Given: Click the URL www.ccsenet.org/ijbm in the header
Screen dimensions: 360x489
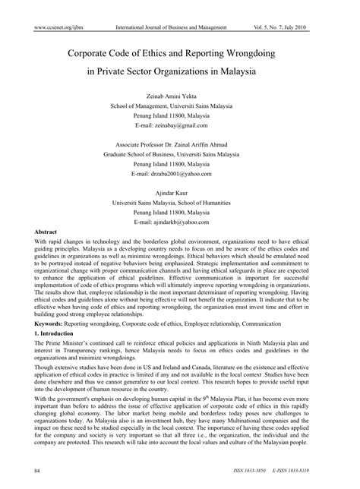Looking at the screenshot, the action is pyautogui.click(x=48, y=27).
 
